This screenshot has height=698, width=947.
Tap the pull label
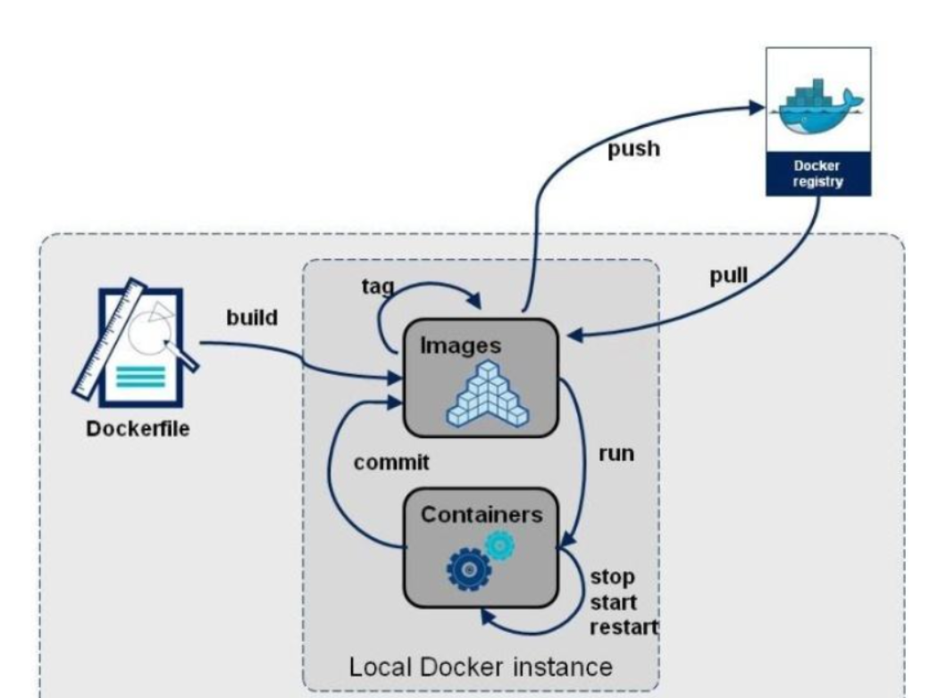tap(729, 275)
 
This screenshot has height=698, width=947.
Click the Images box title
tap(462, 345)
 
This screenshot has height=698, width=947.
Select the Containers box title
tap(480, 516)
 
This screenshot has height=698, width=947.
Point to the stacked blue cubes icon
tap(489, 394)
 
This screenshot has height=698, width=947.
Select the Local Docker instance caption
tap(482, 665)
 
